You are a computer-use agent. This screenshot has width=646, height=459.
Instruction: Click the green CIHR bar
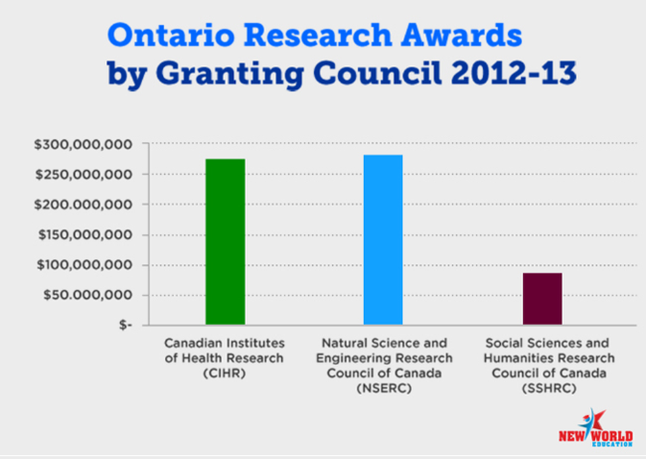[x=225, y=242]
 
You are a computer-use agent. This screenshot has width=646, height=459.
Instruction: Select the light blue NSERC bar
[x=383, y=240]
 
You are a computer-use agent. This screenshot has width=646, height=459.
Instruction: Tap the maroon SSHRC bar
[x=542, y=299]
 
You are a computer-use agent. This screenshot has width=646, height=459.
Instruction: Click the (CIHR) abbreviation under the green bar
[x=225, y=373]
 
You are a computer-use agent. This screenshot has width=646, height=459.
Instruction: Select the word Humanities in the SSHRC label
[x=521, y=358]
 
